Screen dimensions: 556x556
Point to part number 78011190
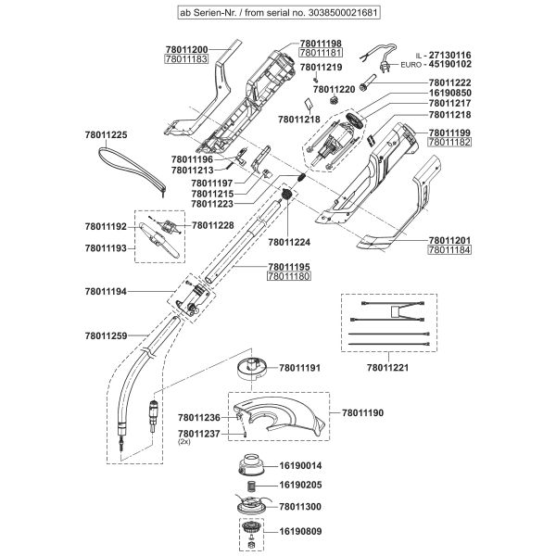[368, 410]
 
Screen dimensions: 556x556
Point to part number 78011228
[213, 226]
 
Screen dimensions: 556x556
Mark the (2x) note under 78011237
[183, 443]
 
